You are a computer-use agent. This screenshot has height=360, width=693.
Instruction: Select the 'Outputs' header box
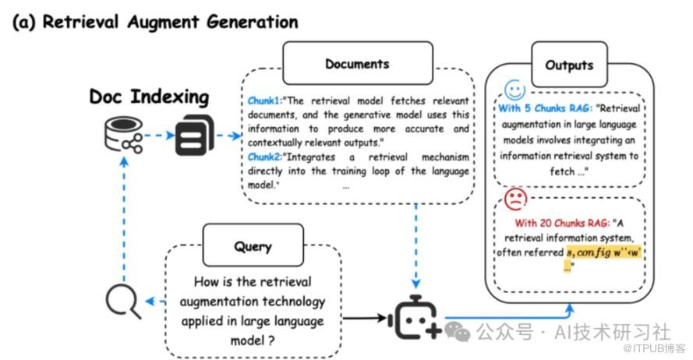pos(568,65)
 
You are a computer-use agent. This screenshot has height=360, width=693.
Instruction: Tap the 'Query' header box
pos(253,246)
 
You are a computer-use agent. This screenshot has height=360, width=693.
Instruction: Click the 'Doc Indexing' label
pos(149,97)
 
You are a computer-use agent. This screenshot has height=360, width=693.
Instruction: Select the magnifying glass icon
pos(123,302)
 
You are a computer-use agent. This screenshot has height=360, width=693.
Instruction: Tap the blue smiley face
pos(515,90)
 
